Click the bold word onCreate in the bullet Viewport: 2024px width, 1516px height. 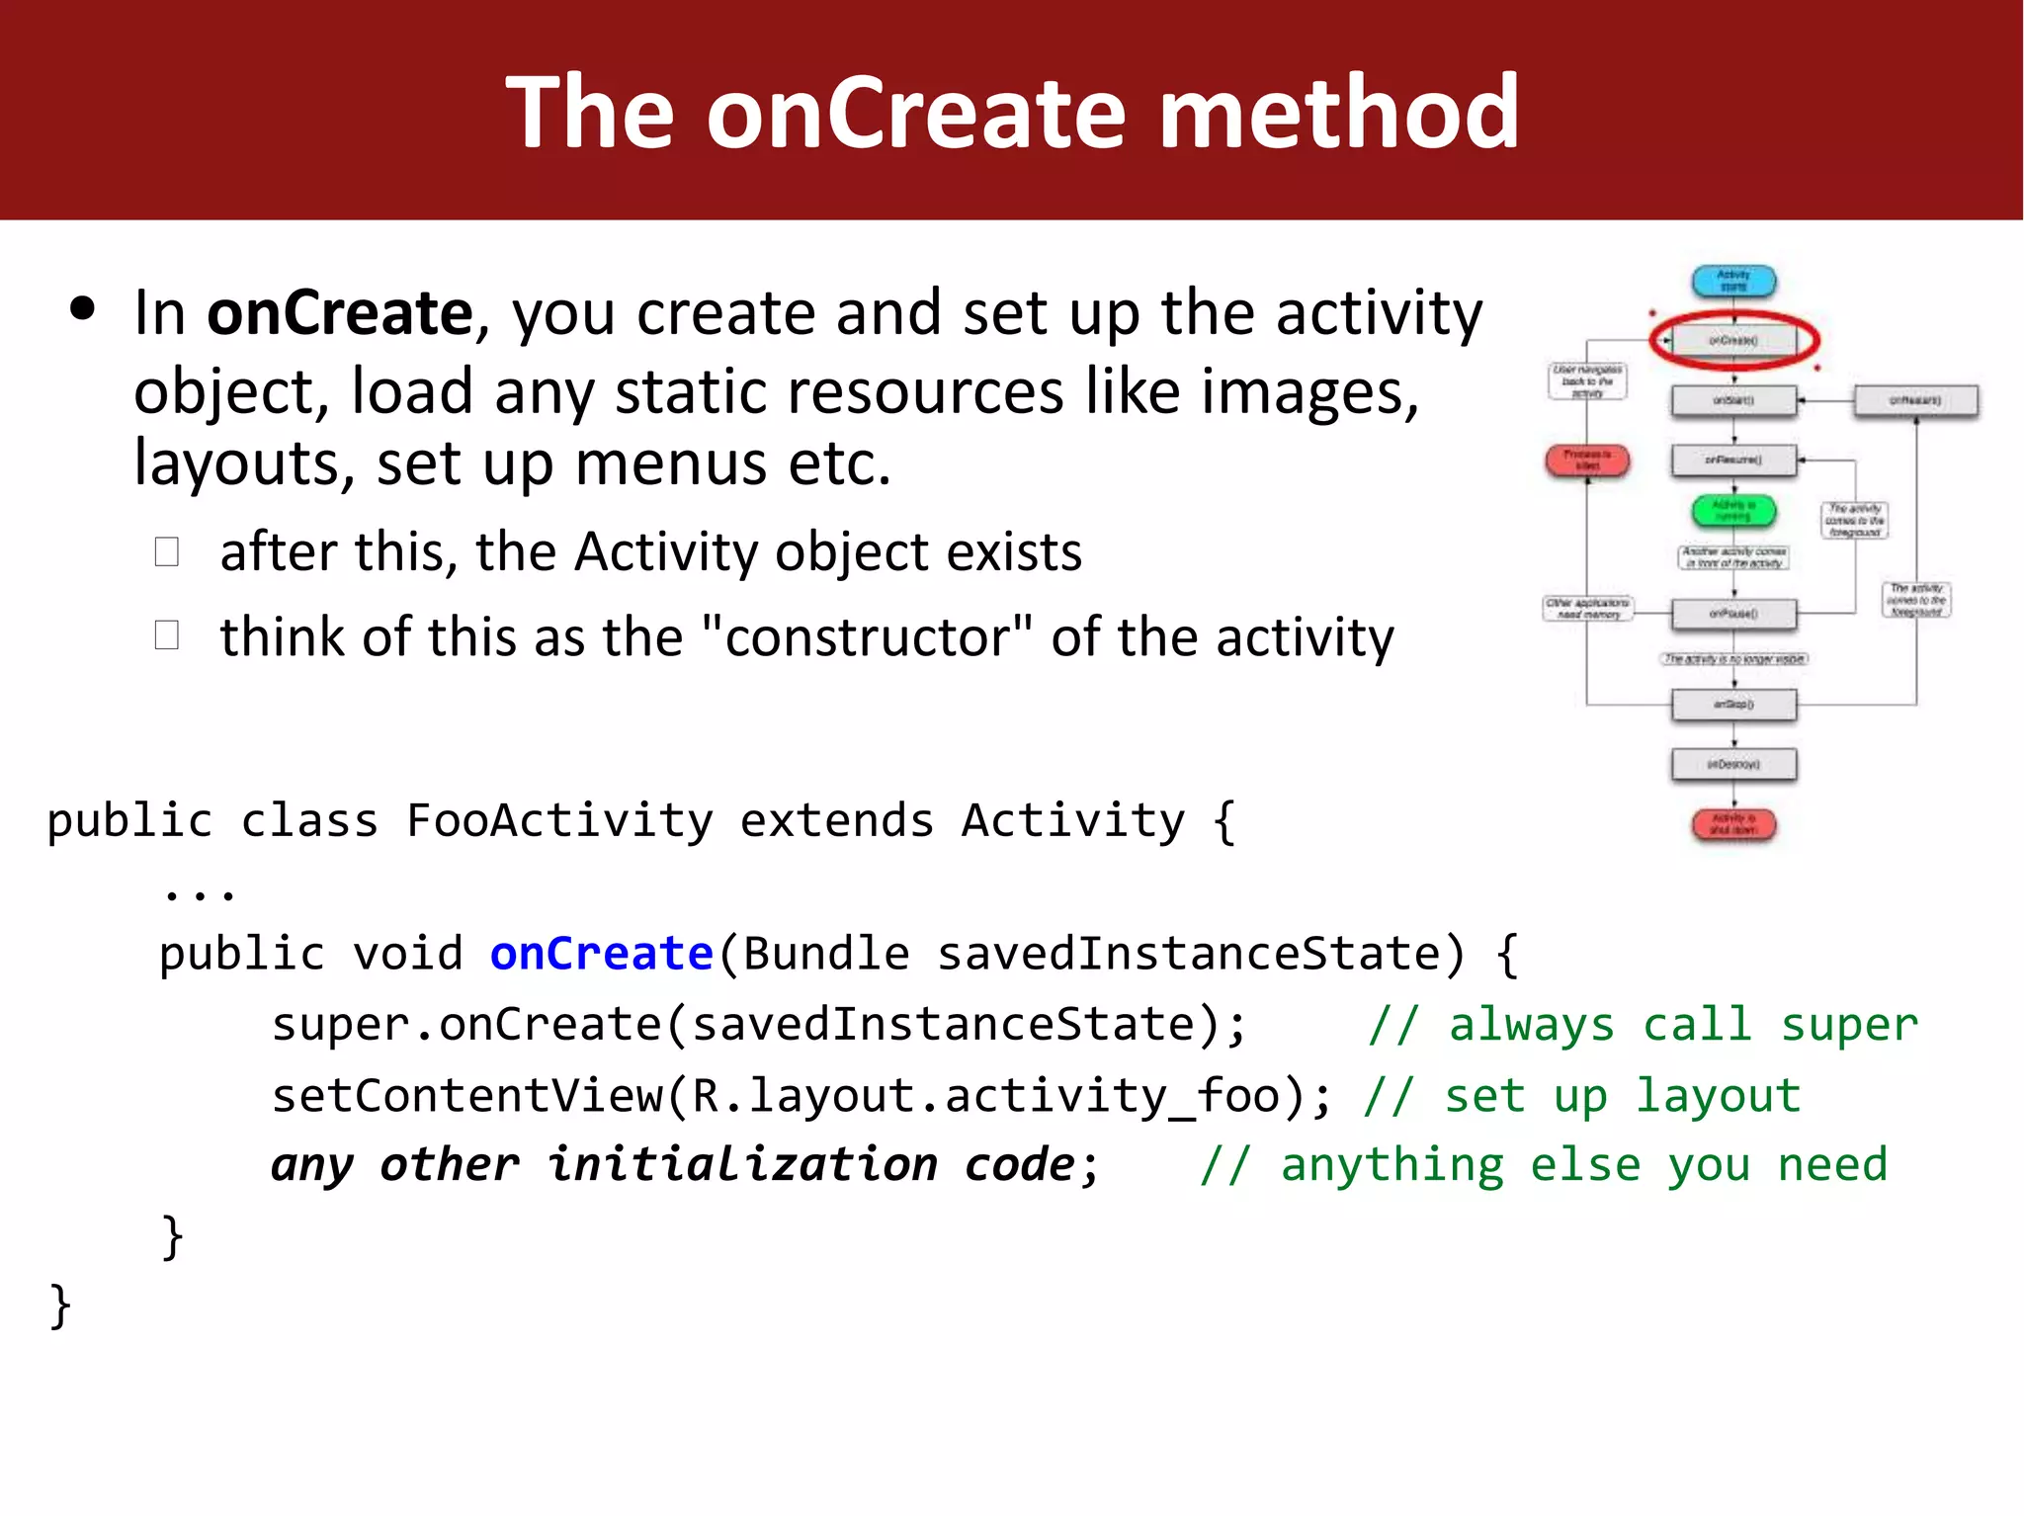coord(339,313)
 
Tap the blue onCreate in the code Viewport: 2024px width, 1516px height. coord(601,954)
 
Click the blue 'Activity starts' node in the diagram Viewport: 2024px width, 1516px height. coord(1733,282)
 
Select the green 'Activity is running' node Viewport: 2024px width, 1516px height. coord(1733,510)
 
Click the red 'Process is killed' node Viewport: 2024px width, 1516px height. coord(1587,461)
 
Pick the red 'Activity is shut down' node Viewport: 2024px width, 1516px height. coord(1733,824)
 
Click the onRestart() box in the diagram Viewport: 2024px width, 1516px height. coord(1915,401)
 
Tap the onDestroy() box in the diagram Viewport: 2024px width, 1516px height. coord(1733,765)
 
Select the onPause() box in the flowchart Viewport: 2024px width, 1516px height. coord(1733,614)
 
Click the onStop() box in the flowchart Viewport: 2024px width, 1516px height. coord(1733,705)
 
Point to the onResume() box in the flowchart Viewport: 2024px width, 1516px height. coord(1733,461)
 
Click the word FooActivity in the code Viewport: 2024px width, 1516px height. coord(558,821)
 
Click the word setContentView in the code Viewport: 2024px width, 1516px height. coord(466,1096)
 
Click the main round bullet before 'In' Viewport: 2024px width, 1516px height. coord(83,309)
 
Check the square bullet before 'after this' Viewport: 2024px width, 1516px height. coord(167,551)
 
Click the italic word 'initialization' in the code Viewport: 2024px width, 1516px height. coord(742,1165)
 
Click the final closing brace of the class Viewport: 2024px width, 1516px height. coord(60,1306)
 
